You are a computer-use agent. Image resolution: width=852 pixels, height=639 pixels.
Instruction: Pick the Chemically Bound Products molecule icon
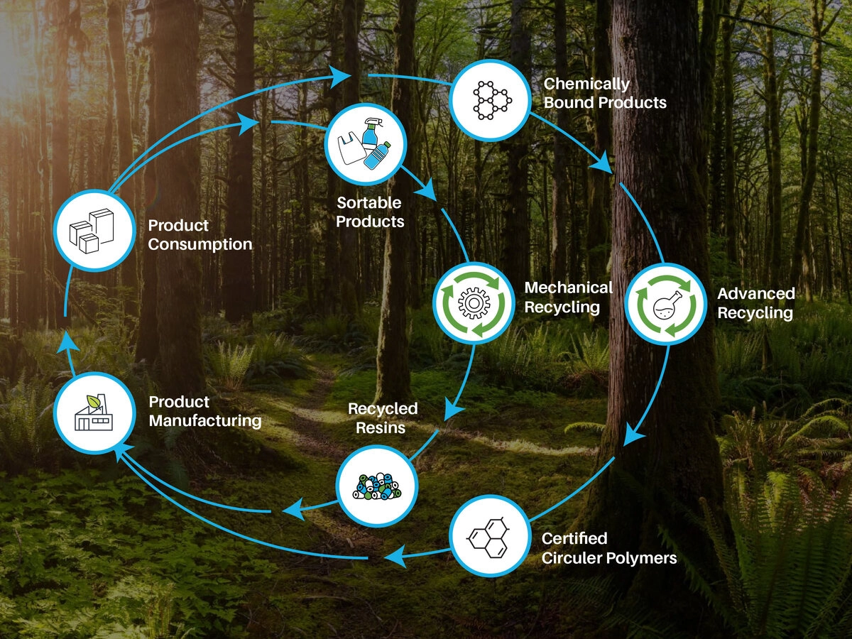point(490,99)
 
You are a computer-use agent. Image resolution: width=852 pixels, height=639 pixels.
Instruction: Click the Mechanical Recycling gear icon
point(474,304)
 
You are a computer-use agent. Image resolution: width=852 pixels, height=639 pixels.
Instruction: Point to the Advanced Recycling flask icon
point(665,304)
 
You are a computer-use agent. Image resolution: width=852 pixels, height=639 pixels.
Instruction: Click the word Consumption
point(200,244)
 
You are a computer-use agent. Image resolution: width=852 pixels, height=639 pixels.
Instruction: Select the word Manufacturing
point(204,420)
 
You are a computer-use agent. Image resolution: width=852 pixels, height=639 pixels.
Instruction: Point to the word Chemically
point(586,84)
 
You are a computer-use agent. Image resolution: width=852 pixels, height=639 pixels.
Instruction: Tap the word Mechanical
point(568,288)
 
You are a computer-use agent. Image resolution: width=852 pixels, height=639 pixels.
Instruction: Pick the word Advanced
point(755,293)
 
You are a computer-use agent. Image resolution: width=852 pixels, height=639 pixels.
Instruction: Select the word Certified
point(574,538)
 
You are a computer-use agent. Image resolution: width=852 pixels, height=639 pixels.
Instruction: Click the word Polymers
point(641,557)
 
